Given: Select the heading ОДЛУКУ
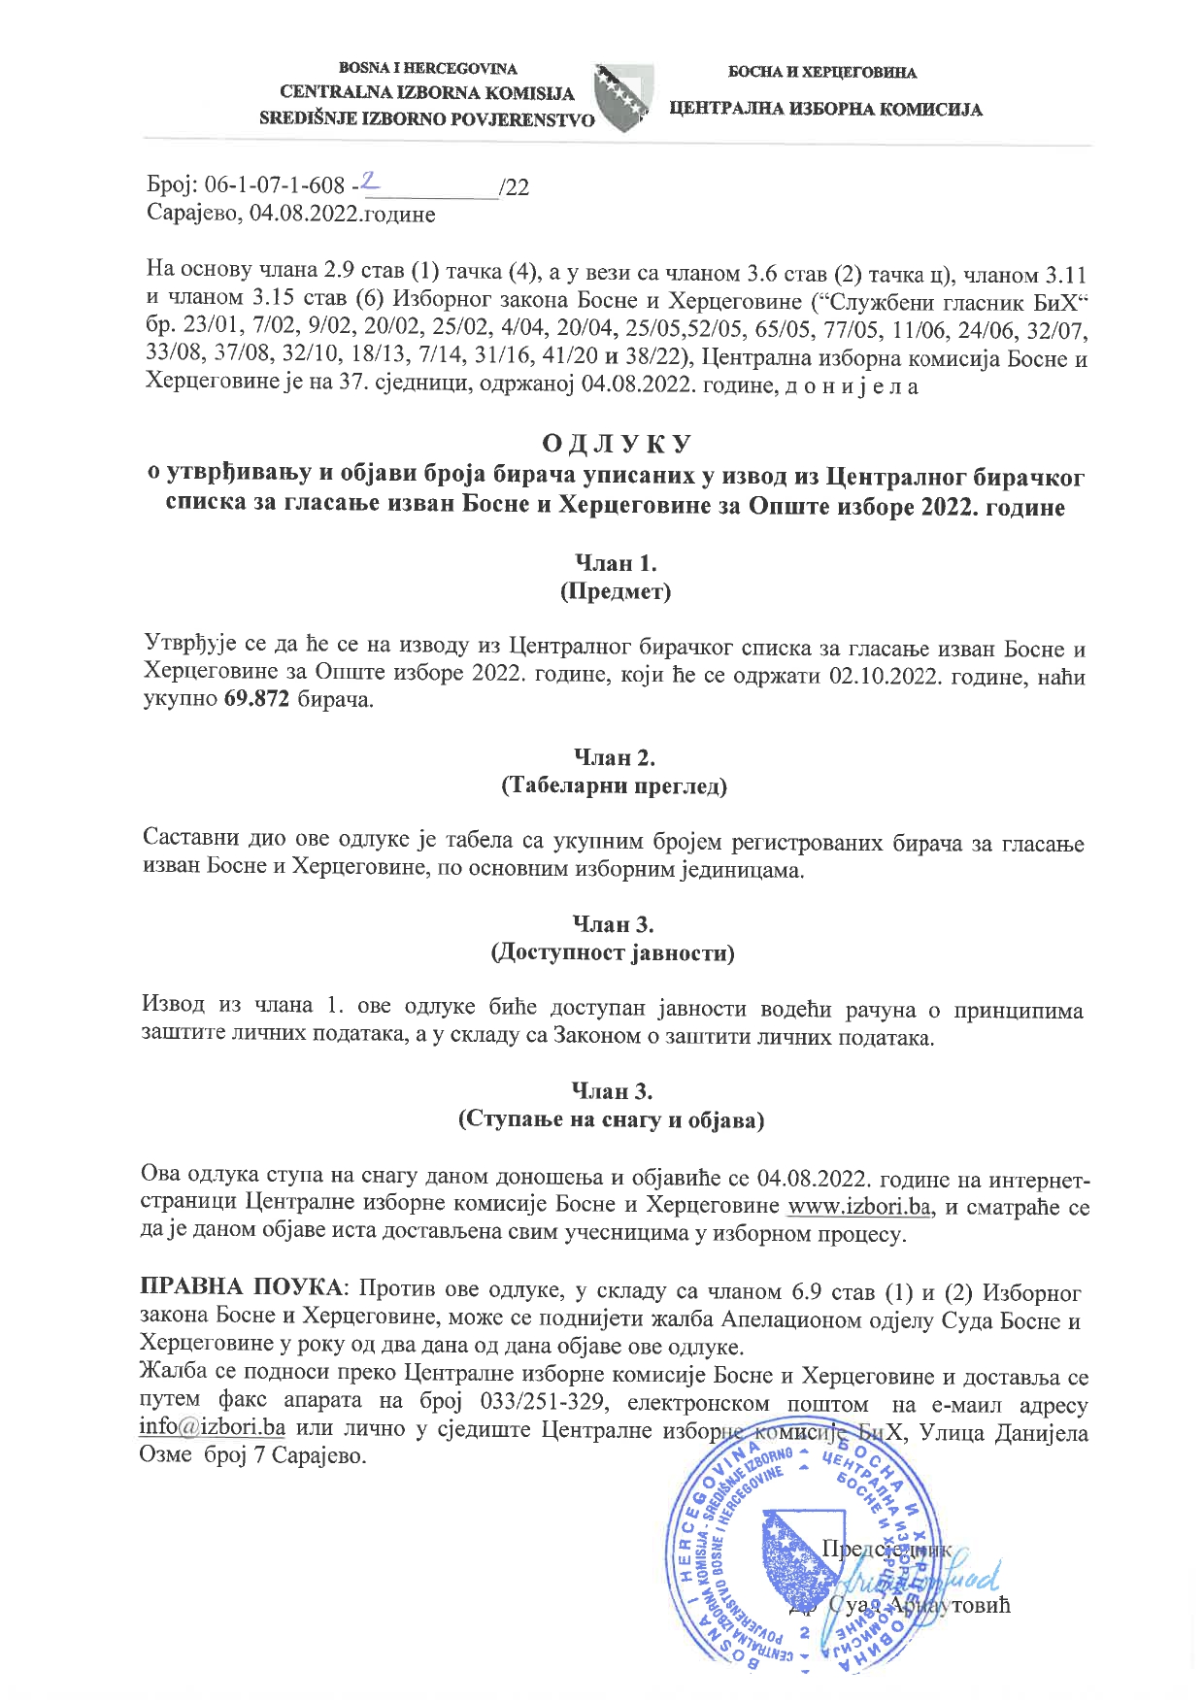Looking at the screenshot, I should click(616, 444).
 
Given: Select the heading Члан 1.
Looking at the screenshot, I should click(616, 562).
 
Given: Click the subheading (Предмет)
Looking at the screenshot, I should click(616, 590).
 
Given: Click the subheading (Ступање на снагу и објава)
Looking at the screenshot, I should click(612, 1119).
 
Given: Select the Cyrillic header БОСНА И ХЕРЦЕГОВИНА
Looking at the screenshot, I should click(822, 72).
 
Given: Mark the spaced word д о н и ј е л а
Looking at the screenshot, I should click(848, 386).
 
